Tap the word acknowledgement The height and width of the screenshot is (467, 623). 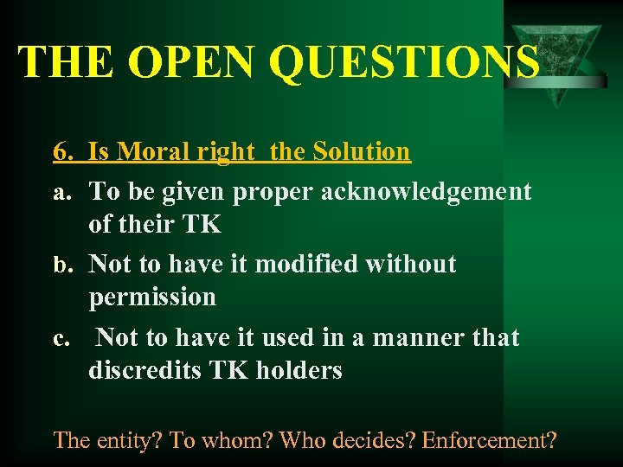[427, 191]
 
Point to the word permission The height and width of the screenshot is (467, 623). [152, 297]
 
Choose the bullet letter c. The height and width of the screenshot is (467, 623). [61, 338]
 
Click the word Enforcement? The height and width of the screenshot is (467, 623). [491, 439]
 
